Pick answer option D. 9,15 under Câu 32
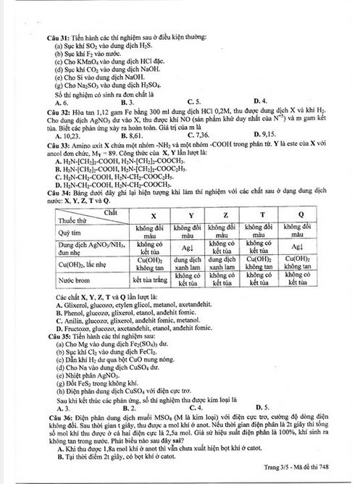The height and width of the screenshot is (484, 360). pos(264,135)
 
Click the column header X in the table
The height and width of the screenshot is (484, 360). pos(152,216)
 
